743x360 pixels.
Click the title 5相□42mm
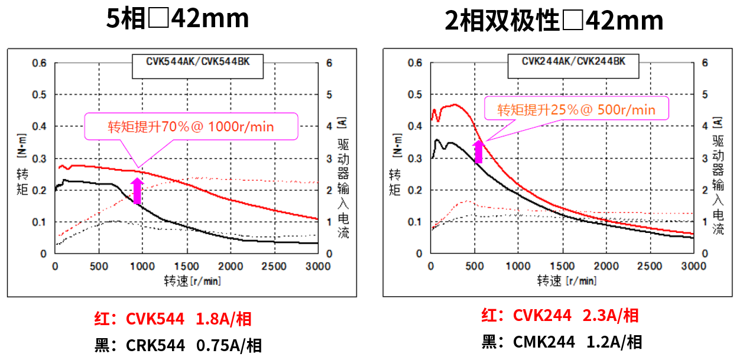click(x=177, y=20)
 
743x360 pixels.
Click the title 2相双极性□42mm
click(x=554, y=21)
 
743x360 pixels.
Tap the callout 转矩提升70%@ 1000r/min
click(x=191, y=127)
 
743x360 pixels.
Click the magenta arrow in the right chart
click(x=478, y=151)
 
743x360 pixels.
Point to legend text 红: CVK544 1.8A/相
click(x=173, y=319)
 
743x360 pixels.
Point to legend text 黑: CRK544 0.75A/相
click(x=178, y=345)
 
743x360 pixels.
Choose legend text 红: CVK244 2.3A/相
click(x=559, y=316)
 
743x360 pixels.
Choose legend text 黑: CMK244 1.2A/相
click(x=561, y=342)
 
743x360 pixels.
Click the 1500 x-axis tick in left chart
click(x=188, y=266)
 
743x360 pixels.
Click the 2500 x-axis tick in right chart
click(x=650, y=266)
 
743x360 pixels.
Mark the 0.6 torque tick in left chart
click(x=40, y=63)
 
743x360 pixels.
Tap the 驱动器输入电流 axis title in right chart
click(x=717, y=186)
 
